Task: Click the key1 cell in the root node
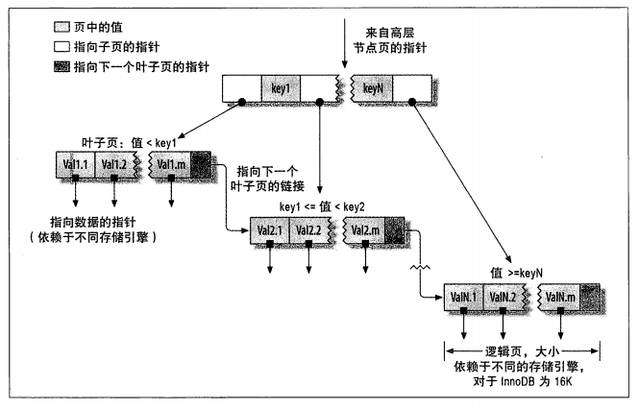tap(281, 88)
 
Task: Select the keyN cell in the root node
tap(374, 88)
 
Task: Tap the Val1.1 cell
tap(75, 164)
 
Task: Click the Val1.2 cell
tap(115, 164)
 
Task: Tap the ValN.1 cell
tap(465, 298)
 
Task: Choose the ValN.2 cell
tap(505, 298)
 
